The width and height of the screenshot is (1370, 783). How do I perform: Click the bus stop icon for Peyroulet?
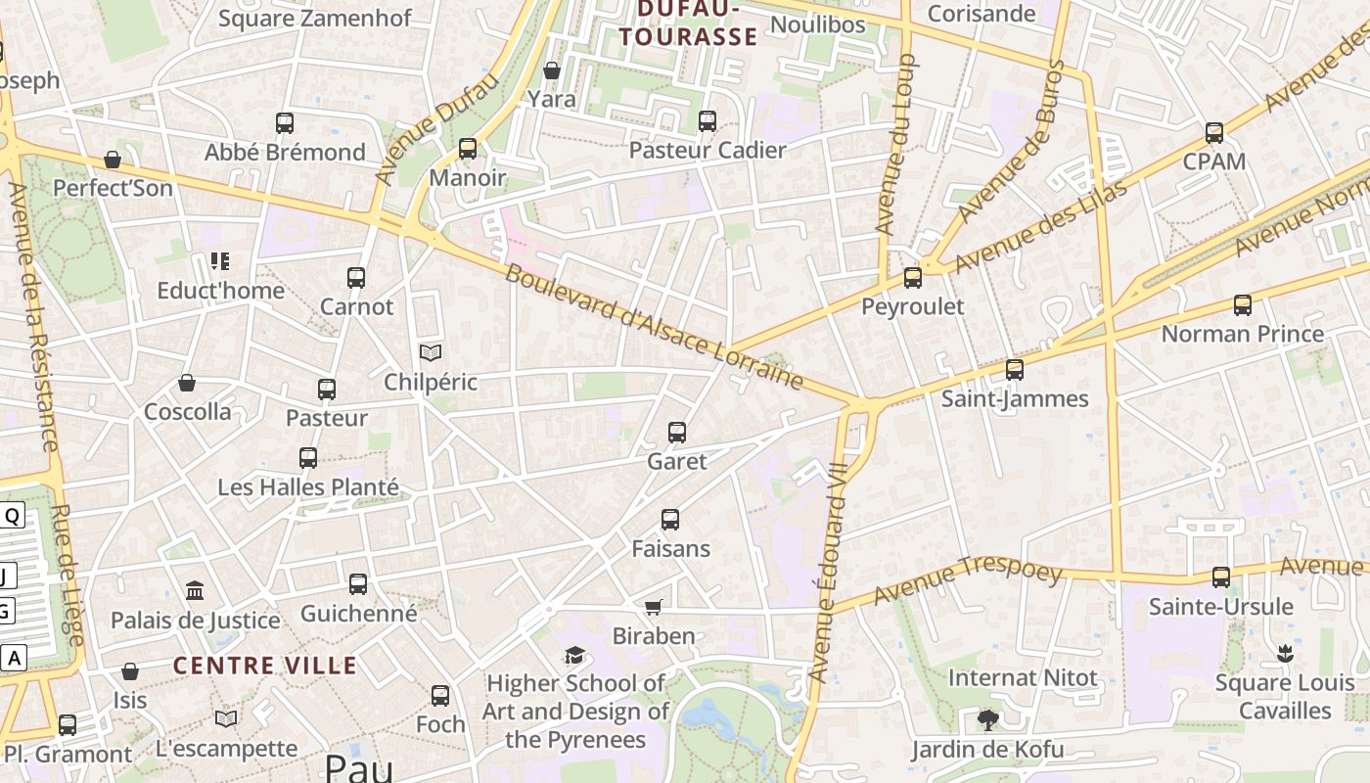click(913, 278)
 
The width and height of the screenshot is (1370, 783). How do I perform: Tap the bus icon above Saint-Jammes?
click(1015, 370)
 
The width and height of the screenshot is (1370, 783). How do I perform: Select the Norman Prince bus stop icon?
click(1242, 305)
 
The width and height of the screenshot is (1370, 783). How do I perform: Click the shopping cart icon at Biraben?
click(654, 608)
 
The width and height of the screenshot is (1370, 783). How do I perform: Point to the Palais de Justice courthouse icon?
click(195, 591)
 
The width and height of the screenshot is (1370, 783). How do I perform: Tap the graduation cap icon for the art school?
click(574, 655)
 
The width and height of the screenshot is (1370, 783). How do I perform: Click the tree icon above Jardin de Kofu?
click(987, 721)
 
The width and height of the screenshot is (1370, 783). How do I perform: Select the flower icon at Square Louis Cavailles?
click(1285, 654)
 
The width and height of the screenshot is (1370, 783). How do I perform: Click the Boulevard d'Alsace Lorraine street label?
click(654, 327)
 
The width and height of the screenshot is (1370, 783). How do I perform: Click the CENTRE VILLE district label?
click(265, 666)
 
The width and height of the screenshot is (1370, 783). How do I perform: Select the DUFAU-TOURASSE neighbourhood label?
click(689, 23)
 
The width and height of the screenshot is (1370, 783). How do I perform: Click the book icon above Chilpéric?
click(431, 352)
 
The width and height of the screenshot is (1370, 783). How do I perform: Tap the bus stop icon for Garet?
click(676, 432)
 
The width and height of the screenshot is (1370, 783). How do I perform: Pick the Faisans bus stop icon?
click(670, 520)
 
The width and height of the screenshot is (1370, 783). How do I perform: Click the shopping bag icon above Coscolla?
click(187, 383)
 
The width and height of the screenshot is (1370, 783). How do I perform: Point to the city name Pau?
click(358, 766)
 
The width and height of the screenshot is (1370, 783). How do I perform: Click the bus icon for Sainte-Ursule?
click(1220, 577)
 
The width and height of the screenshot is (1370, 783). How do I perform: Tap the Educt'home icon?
click(220, 261)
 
